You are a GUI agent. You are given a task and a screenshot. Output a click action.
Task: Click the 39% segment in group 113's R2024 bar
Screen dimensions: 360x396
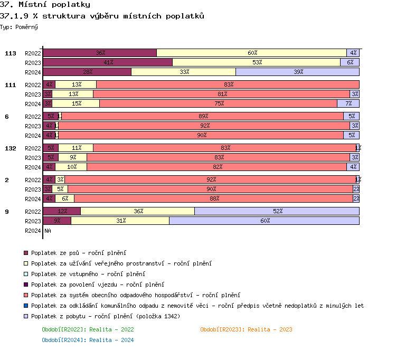pyautogui.click(x=297, y=72)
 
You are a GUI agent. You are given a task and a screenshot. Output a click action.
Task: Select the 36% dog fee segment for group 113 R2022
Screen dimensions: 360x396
pyautogui.click(x=99, y=53)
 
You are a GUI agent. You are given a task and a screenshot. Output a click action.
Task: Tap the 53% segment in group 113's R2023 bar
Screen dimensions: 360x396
pyautogui.click(x=256, y=62)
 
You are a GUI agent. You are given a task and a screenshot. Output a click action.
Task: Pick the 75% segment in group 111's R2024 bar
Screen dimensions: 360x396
pyautogui.click(x=218, y=103)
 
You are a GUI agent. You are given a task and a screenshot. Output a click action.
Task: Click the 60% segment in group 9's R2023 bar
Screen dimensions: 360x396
pyautogui.click(x=264, y=221)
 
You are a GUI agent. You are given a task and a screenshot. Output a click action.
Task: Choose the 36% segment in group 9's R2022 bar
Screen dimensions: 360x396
pyautogui.click(x=138, y=211)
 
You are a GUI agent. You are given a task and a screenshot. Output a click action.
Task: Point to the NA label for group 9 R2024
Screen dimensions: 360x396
pyautogui.click(x=48, y=231)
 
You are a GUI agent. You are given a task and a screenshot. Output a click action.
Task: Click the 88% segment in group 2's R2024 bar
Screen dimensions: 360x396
pyautogui.click(x=213, y=198)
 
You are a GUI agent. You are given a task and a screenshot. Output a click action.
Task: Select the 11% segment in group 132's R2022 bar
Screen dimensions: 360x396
pyautogui.click(x=76, y=148)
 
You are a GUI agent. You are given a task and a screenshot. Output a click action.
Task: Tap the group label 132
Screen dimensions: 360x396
pyautogui.click(x=11, y=148)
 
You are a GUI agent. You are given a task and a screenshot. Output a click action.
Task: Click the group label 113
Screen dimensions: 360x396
pyautogui.click(x=11, y=53)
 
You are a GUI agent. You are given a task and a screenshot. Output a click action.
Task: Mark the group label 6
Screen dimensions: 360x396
pyautogui.click(x=7, y=117)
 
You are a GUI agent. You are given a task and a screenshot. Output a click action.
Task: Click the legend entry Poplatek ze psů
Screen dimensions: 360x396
pyautogui.click(x=71, y=253)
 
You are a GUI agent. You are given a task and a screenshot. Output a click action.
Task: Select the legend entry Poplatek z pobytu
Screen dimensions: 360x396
pyautogui.click(x=106, y=316)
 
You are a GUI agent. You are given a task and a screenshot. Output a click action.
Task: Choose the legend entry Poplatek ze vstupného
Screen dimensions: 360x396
pyautogui.click(x=88, y=274)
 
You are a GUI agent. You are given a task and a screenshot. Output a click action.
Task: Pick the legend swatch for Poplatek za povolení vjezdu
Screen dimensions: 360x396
pyautogui.click(x=26, y=285)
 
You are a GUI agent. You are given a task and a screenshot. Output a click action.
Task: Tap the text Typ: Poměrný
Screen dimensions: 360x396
pyautogui.click(x=19, y=26)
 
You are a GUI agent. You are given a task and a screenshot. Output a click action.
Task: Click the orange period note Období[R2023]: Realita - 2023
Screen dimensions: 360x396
pyautogui.click(x=246, y=329)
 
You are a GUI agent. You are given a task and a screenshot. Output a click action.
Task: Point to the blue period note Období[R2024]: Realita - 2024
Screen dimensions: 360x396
pyautogui.click(x=88, y=340)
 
